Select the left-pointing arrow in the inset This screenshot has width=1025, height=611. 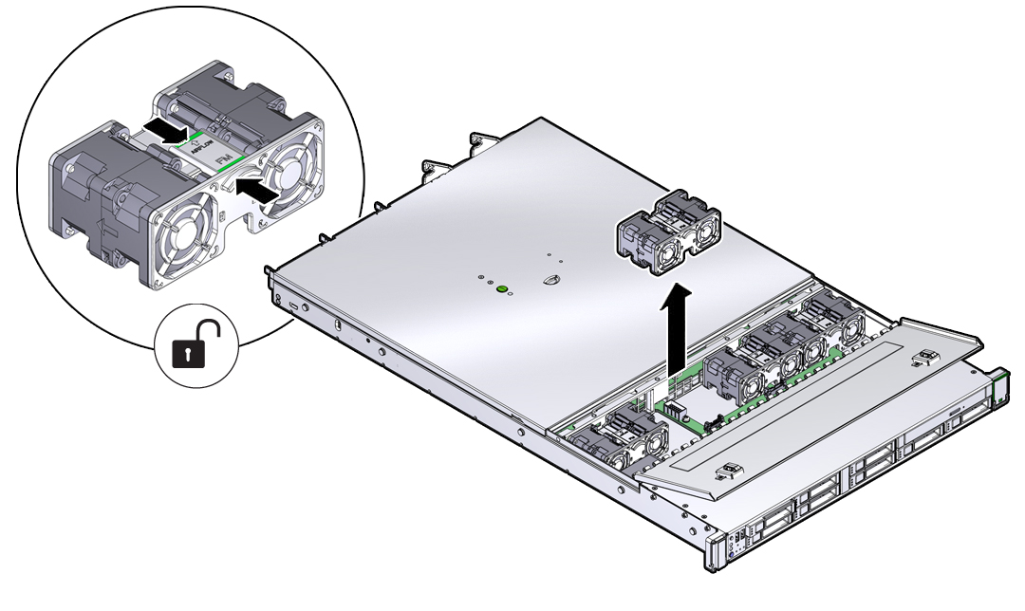click(x=259, y=189)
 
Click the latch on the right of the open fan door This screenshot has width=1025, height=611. click(x=923, y=361)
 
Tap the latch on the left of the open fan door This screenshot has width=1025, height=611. click(x=728, y=472)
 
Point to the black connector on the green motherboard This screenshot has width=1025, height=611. click(x=675, y=409)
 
